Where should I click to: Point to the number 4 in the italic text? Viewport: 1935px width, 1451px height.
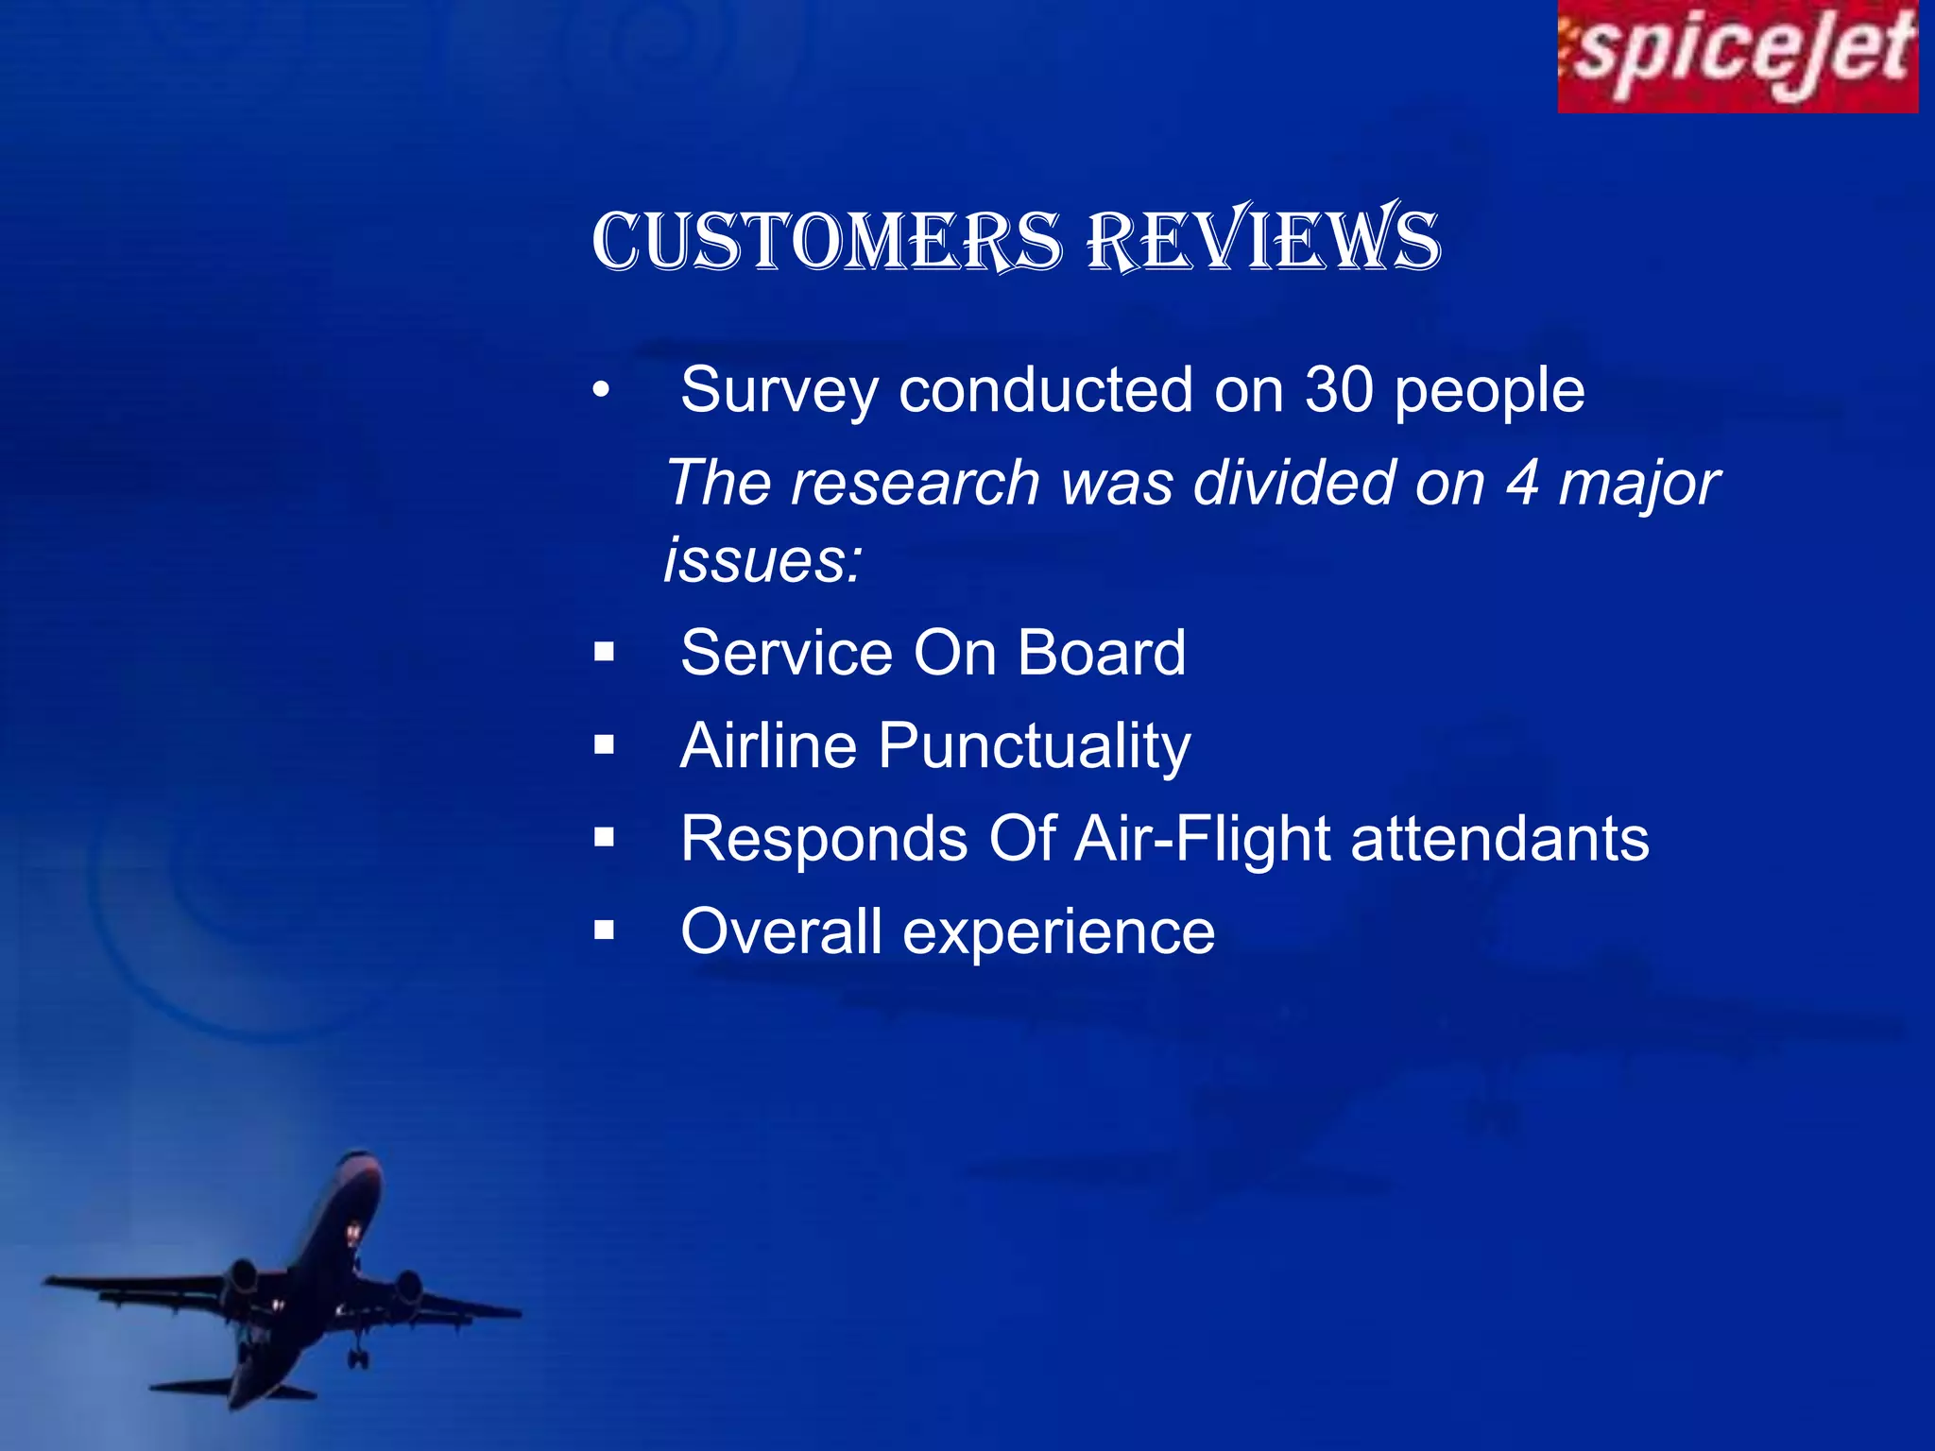pos(1522,483)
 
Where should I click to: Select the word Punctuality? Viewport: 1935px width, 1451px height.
pos(1035,746)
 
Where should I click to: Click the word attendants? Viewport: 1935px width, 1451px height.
pos(1499,839)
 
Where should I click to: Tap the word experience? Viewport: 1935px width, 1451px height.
pos(1058,932)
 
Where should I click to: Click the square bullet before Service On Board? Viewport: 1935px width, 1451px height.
pos(605,653)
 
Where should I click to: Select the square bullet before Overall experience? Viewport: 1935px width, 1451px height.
pos(605,931)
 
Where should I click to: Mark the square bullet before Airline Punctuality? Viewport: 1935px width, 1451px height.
pos(605,746)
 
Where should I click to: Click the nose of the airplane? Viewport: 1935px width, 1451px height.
pos(360,1157)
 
